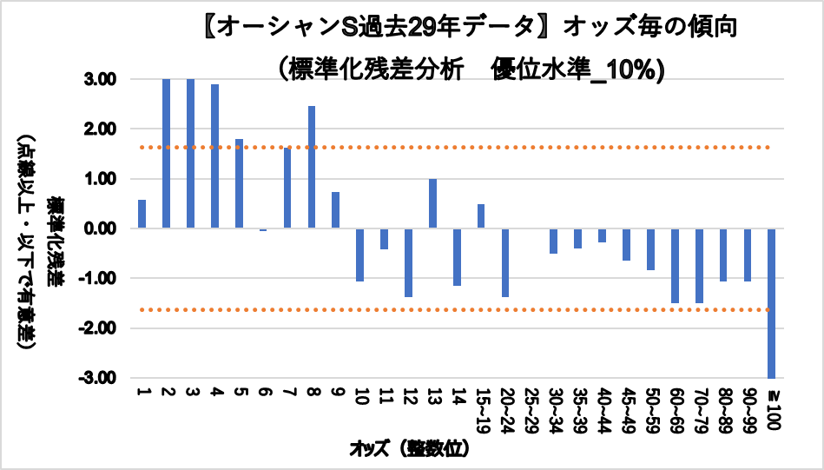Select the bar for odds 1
(x=142, y=214)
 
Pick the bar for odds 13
(x=432, y=203)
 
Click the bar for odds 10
(x=360, y=255)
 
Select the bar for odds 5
(x=239, y=183)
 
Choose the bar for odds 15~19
(x=481, y=216)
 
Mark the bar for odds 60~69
(x=675, y=265)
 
